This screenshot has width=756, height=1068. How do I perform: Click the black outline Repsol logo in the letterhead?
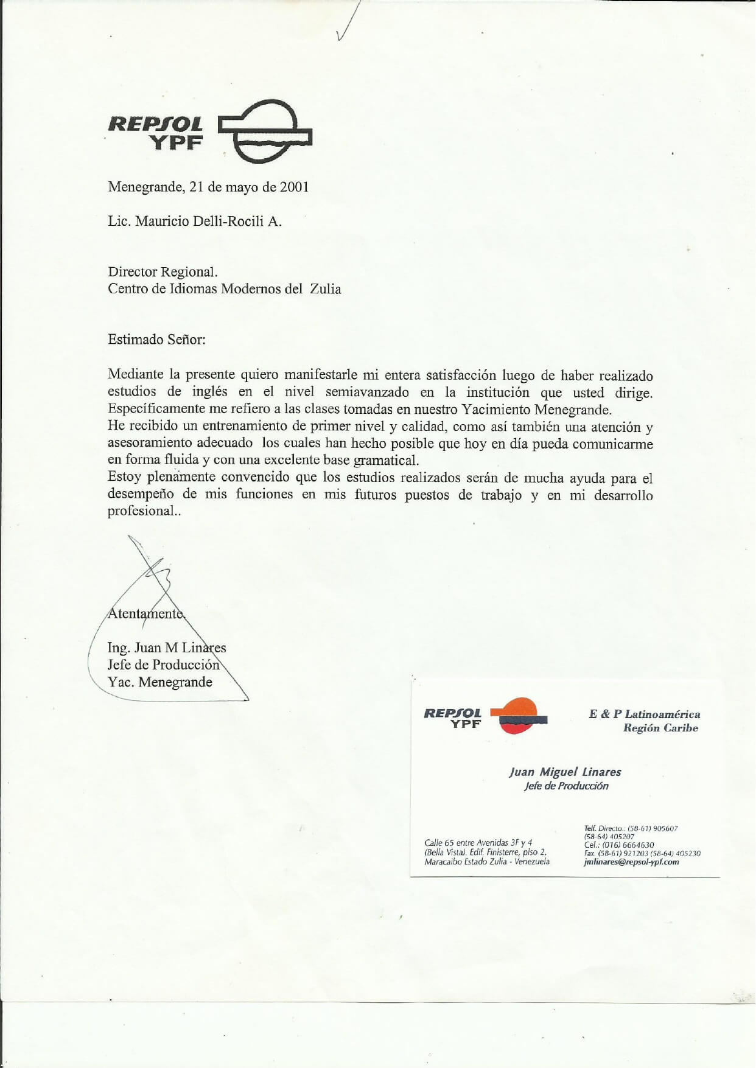click(265, 131)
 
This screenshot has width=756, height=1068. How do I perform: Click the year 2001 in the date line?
click(294, 187)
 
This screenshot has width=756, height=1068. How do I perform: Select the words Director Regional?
click(163, 272)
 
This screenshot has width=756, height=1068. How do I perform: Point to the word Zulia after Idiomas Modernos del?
click(326, 288)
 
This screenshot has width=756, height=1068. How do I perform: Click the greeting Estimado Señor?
click(156, 340)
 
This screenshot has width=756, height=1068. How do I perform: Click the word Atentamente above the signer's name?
click(145, 613)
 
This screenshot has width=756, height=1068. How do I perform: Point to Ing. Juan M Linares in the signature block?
click(166, 648)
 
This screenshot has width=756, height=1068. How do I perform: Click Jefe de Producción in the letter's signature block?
click(163, 665)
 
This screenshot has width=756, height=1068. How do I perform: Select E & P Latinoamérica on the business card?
click(644, 714)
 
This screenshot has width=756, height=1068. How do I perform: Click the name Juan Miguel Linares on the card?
click(565, 772)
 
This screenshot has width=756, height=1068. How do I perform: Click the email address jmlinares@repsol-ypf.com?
click(631, 862)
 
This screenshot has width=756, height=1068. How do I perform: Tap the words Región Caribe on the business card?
click(660, 728)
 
